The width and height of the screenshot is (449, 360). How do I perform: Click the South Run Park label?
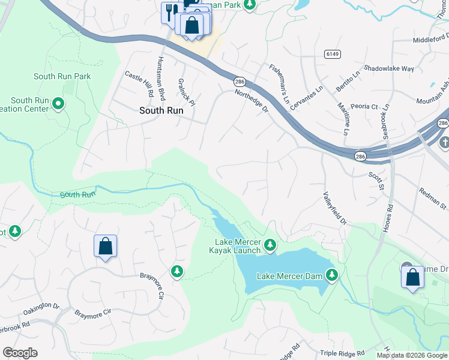pos(62,76)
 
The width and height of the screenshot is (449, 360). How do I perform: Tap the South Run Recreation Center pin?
pos(58,104)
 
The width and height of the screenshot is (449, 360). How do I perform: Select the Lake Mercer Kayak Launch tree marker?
pos(270,244)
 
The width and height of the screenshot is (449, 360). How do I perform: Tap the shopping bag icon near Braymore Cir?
pos(105,246)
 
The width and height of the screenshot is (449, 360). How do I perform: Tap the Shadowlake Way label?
pos(389,68)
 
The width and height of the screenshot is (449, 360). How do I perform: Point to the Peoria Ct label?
pos(366,107)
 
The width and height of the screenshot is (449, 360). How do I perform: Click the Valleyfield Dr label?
pos(335,208)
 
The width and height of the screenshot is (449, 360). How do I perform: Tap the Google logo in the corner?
pos(20,353)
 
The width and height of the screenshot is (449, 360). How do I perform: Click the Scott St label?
pos(376,181)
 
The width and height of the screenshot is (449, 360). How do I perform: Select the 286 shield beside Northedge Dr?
pos(240,80)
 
